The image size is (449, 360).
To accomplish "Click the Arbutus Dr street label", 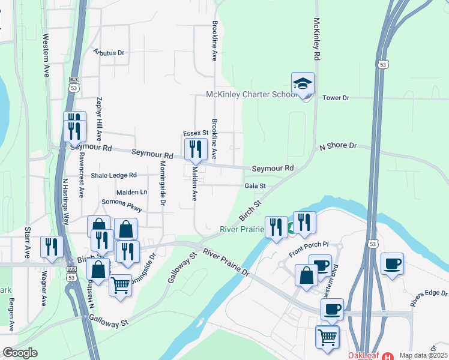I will coord(109,53).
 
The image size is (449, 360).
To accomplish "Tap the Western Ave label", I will coord(46,55).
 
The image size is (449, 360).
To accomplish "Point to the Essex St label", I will coord(195,133).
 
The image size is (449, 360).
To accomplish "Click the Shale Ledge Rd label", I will coord(114,176).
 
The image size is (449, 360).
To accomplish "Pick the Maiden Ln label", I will coord(131,192).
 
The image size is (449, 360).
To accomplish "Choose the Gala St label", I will coord(255,187).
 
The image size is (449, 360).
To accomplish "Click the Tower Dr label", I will coord(336,98).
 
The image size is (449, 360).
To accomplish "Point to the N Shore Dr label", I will coord(338,146).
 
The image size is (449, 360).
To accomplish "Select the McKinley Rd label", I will coord(316,38).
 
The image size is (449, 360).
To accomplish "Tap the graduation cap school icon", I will coord(303,84).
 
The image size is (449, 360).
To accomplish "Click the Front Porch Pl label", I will coord(309,244).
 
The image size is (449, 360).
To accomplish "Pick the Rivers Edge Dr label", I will coord(429,294).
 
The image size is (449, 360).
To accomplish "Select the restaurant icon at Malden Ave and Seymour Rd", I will coord(196,149).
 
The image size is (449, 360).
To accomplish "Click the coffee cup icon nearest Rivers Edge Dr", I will coord(392,264).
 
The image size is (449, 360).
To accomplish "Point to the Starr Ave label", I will coord(27,243).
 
